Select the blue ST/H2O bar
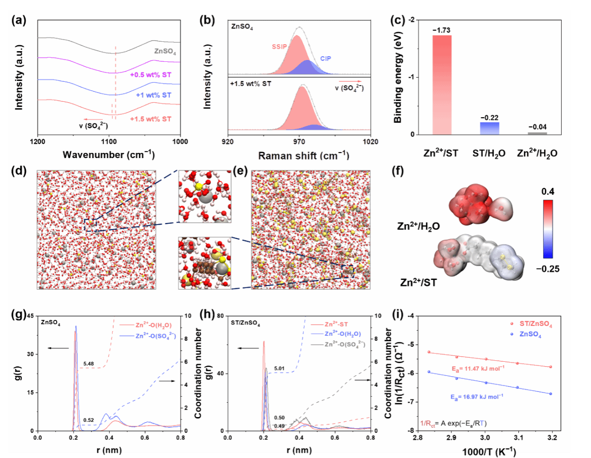click(489, 128)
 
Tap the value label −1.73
click(441, 30)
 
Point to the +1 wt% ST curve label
click(154, 95)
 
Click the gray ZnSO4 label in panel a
click(165, 51)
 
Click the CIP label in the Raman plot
click(326, 59)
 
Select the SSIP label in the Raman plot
click(279, 47)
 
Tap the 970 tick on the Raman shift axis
click(299, 141)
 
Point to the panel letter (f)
click(398, 171)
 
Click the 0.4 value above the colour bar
click(548, 192)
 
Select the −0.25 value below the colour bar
click(547, 269)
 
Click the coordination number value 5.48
click(88, 364)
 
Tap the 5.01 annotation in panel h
click(279, 369)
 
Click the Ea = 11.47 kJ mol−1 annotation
click(478, 368)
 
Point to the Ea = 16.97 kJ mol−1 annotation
click(477, 397)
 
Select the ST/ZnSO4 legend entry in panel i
click(536, 324)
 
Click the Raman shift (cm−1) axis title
click(303, 155)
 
